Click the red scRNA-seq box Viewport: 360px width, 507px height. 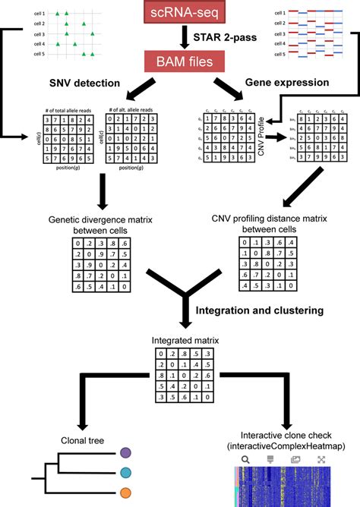pyautogui.click(x=181, y=11)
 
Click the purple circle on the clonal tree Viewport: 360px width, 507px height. pyautogui.click(x=126, y=453)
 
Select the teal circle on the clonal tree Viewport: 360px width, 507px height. pyautogui.click(x=126, y=472)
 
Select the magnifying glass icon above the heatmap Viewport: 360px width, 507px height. pyautogui.click(x=245, y=459)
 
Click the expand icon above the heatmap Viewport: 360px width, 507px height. pyautogui.click(x=321, y=459)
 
